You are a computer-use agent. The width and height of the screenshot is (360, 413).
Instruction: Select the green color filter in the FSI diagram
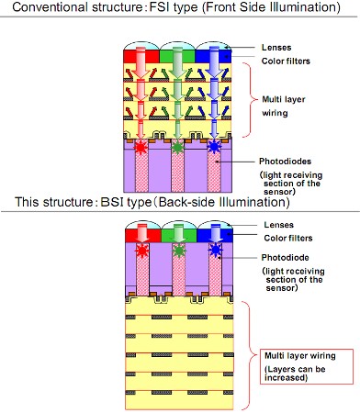tap(177, 57)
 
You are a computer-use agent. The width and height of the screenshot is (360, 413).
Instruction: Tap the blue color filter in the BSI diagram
tap(215, 236)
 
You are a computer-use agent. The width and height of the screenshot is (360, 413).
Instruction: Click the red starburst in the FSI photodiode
tap(141, 147)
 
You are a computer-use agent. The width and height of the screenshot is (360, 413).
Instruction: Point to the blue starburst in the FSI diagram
tap(214, 147)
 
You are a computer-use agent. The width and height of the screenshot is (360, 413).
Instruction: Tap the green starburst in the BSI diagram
tap(178, 251)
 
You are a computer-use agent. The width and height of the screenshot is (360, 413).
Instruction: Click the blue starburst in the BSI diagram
tap(216, 251)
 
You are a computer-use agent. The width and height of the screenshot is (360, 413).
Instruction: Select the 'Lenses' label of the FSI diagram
tap(276, 48)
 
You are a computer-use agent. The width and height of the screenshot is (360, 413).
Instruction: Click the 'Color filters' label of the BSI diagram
tap(288, 238)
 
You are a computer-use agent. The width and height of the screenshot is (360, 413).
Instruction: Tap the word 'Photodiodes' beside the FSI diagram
tap(285, 162)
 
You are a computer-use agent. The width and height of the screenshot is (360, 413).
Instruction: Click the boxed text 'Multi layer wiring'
tap(300, 355)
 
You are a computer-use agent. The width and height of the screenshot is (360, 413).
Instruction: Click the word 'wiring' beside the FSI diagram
tap(275, 113)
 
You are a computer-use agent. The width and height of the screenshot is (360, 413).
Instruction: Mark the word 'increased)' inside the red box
tap(286, 377)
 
